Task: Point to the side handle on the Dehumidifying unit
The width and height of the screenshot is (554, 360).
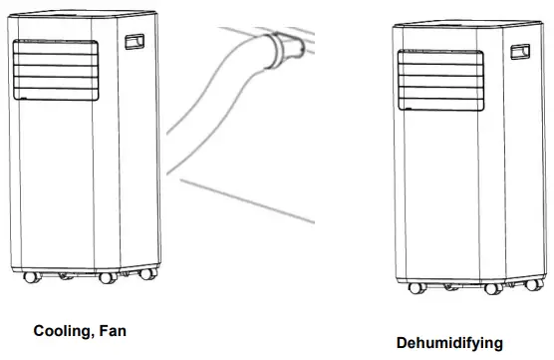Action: tap(518, 53)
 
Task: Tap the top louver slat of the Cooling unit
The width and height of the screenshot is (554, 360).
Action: tap(56, 49)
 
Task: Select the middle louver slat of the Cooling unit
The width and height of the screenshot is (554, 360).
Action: tap(56, 72)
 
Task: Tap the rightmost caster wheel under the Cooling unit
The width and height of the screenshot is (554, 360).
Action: tap(148, 272)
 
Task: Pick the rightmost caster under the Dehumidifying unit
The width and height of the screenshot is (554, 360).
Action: tap(523, 285)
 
